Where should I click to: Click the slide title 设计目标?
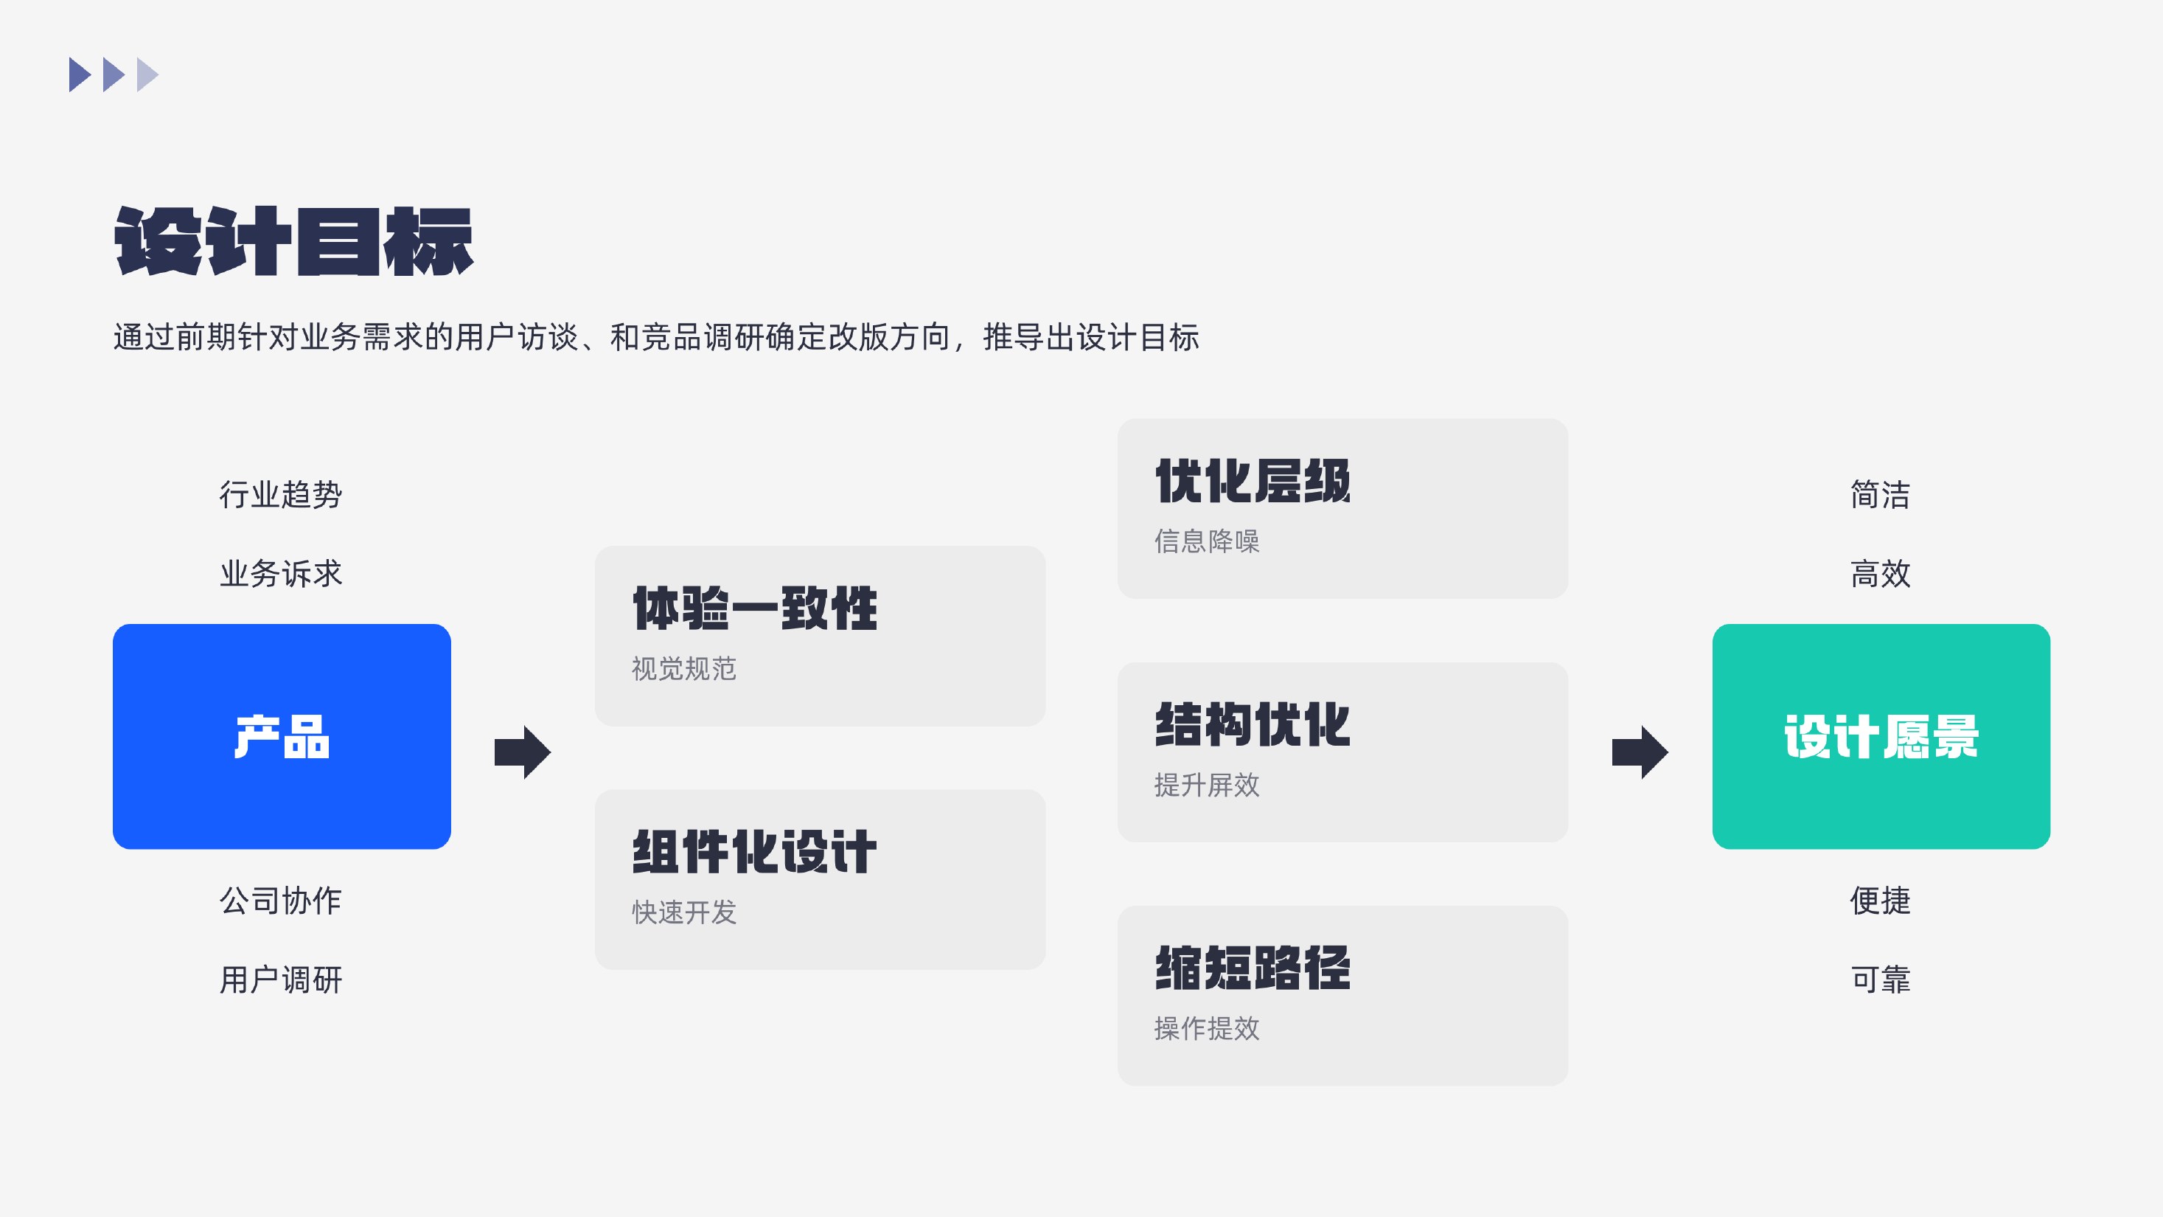click(x=294, y=242)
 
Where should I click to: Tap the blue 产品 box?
click(x=282, y=737)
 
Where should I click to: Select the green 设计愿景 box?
click(x=1881, y=737)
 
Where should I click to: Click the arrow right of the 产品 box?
click(x=522, y=752)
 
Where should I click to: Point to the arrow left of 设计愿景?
click(x=1640, y=752)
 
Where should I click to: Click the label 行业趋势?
click(x=280, y=495)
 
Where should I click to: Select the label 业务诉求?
click(x=280, y=574)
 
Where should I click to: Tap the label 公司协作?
click(x=280, y=901)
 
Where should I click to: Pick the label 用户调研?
click(x=280, y=980)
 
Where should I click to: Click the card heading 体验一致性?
click(x=755, y=608)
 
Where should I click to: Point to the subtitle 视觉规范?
click(x=683, y=668)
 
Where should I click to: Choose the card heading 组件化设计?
click(x=755, y=852)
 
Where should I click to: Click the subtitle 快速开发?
click(x=683, y=912)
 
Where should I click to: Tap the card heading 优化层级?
click(x=1253, y=481)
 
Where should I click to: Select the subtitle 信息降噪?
click(x=1207, y=541)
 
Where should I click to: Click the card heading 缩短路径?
click(x=1253, y=968)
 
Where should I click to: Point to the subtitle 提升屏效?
click(x=1207, y=785)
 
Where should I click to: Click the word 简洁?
click(x=1880, y=495)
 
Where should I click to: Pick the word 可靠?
click(x=1880, y=980)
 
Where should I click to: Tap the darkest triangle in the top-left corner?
click(x=79, y=74)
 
